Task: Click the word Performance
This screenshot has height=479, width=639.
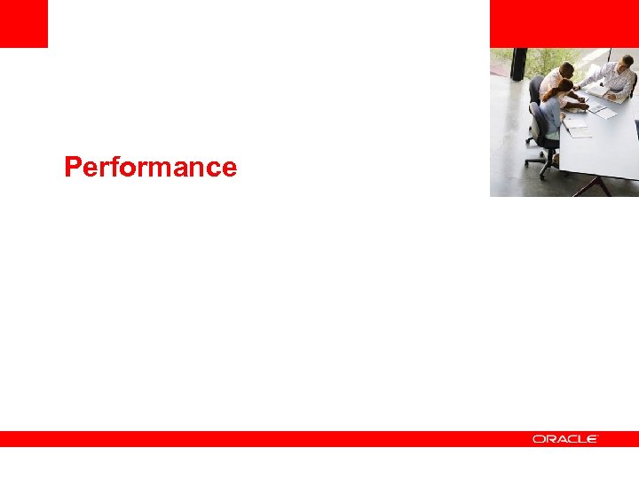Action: tap(150, 167)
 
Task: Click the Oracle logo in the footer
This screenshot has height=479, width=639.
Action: tap(565, 439)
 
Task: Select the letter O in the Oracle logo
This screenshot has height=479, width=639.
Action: tap(539, 439)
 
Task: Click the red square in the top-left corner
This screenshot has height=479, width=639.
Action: tap(23, 23)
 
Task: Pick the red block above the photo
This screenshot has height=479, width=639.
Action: tap(564, 23)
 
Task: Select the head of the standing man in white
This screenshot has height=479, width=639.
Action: tap(565, 69)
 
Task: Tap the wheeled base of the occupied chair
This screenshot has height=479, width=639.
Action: tap(541, 161)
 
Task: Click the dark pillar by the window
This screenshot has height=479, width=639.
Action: tap(519, 64)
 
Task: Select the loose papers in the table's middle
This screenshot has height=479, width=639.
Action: tap(603, 111)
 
